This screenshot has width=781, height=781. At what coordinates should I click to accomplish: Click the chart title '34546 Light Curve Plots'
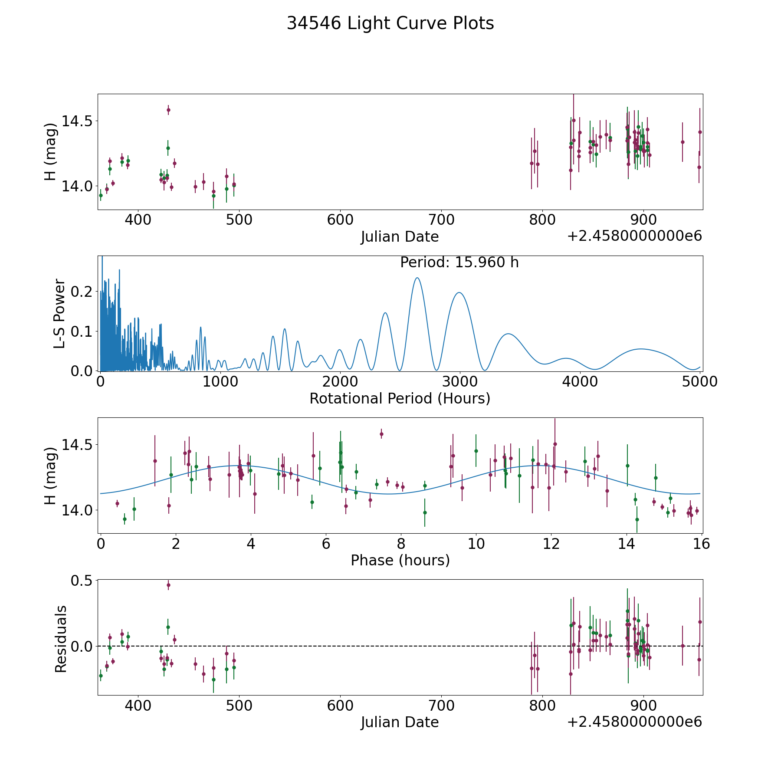390,23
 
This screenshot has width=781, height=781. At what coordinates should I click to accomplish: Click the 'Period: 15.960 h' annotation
459,263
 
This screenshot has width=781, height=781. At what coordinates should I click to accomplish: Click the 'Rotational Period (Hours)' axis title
400,398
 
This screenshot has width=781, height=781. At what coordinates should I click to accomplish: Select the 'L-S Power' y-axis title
60,313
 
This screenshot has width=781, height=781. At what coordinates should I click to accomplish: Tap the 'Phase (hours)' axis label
400,560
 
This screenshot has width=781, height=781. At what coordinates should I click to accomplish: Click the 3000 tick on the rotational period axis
459,381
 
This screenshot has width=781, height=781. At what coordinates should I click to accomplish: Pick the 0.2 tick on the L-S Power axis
85,292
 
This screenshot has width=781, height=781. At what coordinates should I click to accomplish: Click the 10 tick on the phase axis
476,543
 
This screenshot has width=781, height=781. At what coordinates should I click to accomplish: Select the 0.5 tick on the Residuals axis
82,580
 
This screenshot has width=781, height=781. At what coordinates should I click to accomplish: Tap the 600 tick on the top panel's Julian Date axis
340,220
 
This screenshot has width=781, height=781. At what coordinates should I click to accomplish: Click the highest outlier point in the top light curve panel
168,110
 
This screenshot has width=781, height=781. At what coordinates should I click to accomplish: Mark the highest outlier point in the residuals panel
168,585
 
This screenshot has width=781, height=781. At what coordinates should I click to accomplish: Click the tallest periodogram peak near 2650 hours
417,278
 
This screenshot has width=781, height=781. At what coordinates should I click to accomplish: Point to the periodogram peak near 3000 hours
459,293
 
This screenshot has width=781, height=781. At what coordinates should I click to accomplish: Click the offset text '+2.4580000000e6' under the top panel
634,236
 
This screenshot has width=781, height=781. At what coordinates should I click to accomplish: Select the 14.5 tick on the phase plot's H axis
77,445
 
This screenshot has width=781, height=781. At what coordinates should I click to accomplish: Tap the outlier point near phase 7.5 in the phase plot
381,434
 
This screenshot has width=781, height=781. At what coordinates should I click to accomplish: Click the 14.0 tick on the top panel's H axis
77,186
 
